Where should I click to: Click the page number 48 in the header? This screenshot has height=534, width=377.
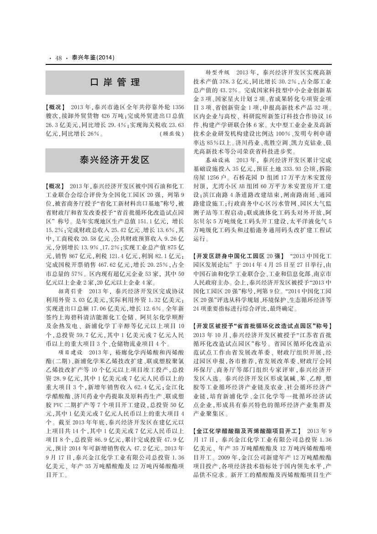(x=58, y=58)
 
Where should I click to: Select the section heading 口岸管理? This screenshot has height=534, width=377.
(x=115, y=83)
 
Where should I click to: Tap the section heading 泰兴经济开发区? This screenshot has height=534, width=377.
(x=115, y=160)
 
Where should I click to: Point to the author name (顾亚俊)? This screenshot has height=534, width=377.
(x=172, y=134)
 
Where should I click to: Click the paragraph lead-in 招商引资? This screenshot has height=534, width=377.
(x=70, y=290)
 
